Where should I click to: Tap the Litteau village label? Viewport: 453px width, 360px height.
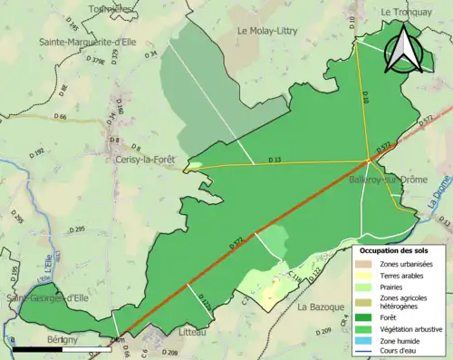click(x=178, y=334)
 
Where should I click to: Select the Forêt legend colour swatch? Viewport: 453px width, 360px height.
click(x=367, y=316)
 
